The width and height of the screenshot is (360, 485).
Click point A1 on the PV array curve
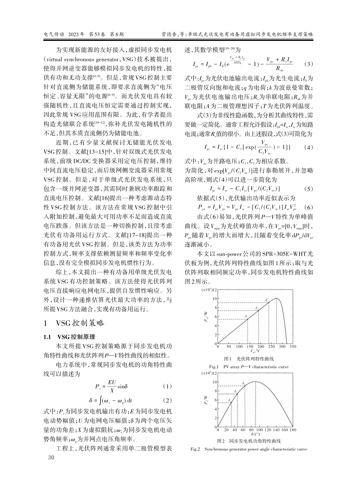click(x=247, y=319)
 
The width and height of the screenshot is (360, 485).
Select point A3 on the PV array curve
click(x=269, y=302)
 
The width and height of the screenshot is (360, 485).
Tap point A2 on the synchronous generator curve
click(x=237, y=394)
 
